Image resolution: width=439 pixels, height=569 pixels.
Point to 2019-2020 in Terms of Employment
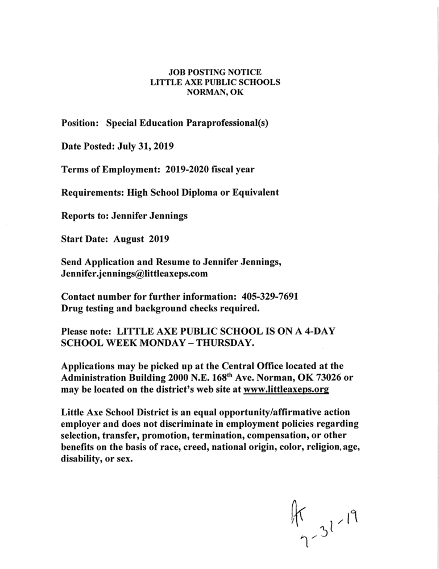(193, 170)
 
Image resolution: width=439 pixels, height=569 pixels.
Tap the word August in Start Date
(129, 240)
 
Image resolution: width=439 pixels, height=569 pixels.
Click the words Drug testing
(89, 309)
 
